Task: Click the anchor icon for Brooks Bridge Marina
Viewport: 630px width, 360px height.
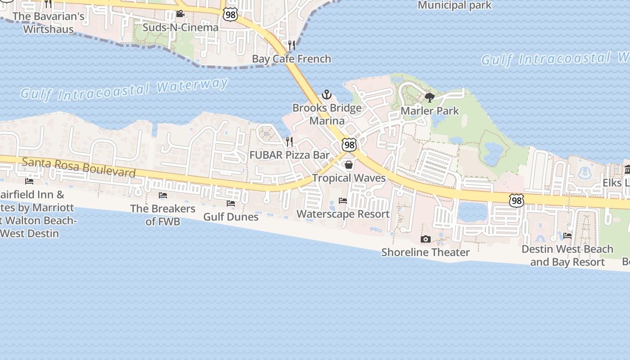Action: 326,94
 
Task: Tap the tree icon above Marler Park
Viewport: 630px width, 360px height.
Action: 429,97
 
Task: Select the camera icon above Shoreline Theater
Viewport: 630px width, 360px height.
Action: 425,239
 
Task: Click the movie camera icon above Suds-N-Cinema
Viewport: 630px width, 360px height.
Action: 180,14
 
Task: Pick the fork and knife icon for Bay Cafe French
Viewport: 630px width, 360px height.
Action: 292,45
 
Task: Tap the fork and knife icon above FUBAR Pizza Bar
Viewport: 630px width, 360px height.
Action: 289,142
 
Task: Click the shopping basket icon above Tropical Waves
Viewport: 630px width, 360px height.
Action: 349,165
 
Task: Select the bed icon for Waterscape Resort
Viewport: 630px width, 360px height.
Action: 343,201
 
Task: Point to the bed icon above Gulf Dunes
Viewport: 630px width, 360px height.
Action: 231,203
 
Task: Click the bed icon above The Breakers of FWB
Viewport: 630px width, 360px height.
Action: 163,195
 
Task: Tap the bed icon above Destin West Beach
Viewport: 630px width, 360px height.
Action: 567,235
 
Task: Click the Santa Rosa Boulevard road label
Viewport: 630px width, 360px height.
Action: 79,167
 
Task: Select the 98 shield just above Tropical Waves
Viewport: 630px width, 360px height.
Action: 349,145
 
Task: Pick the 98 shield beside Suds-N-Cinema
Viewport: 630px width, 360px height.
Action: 230,15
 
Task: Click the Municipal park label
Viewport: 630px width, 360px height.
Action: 454,5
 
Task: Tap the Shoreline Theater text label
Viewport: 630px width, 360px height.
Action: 425,252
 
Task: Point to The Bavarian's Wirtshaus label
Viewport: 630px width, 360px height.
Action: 48,23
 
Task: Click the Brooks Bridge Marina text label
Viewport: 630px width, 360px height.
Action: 327,114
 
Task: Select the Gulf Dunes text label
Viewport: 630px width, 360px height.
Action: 231,217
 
